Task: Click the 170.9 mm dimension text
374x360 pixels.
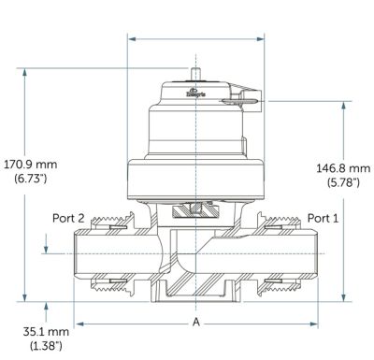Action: point(30,164)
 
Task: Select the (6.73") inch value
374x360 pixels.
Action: point(31,179)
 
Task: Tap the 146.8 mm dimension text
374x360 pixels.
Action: point(343,168)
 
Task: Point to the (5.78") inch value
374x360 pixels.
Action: point(343,182)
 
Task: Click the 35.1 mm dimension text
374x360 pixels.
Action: point(46,331)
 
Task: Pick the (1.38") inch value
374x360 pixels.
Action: point(46,346)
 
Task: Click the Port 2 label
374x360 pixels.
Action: point(68,218)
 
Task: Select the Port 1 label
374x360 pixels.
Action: point(323,218)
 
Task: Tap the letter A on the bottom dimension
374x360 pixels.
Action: point(195,322)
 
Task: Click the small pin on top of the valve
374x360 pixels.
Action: point(195,74)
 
